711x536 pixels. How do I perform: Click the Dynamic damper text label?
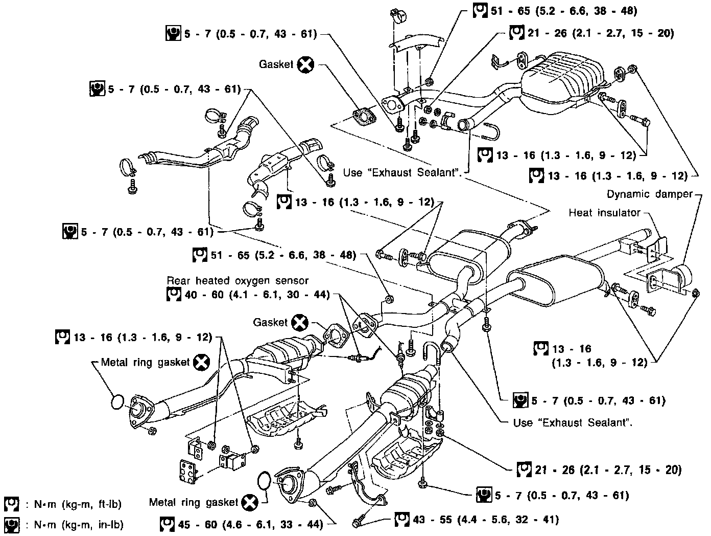pos(650,194)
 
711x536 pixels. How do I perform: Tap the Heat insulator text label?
pos(604,213)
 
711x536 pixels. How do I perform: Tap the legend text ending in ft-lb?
pos(78,504)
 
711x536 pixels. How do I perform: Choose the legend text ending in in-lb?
pos(79,524)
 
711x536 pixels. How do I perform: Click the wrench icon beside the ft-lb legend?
pos(11,504)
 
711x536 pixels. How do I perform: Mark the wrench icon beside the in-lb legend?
pos(11,525)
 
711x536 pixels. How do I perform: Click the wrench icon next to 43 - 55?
pos(402,519)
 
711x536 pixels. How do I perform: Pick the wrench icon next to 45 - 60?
pos(167,524)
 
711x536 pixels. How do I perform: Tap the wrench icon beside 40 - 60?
pos(174,295)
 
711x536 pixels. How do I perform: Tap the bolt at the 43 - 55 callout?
pos(360,522)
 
